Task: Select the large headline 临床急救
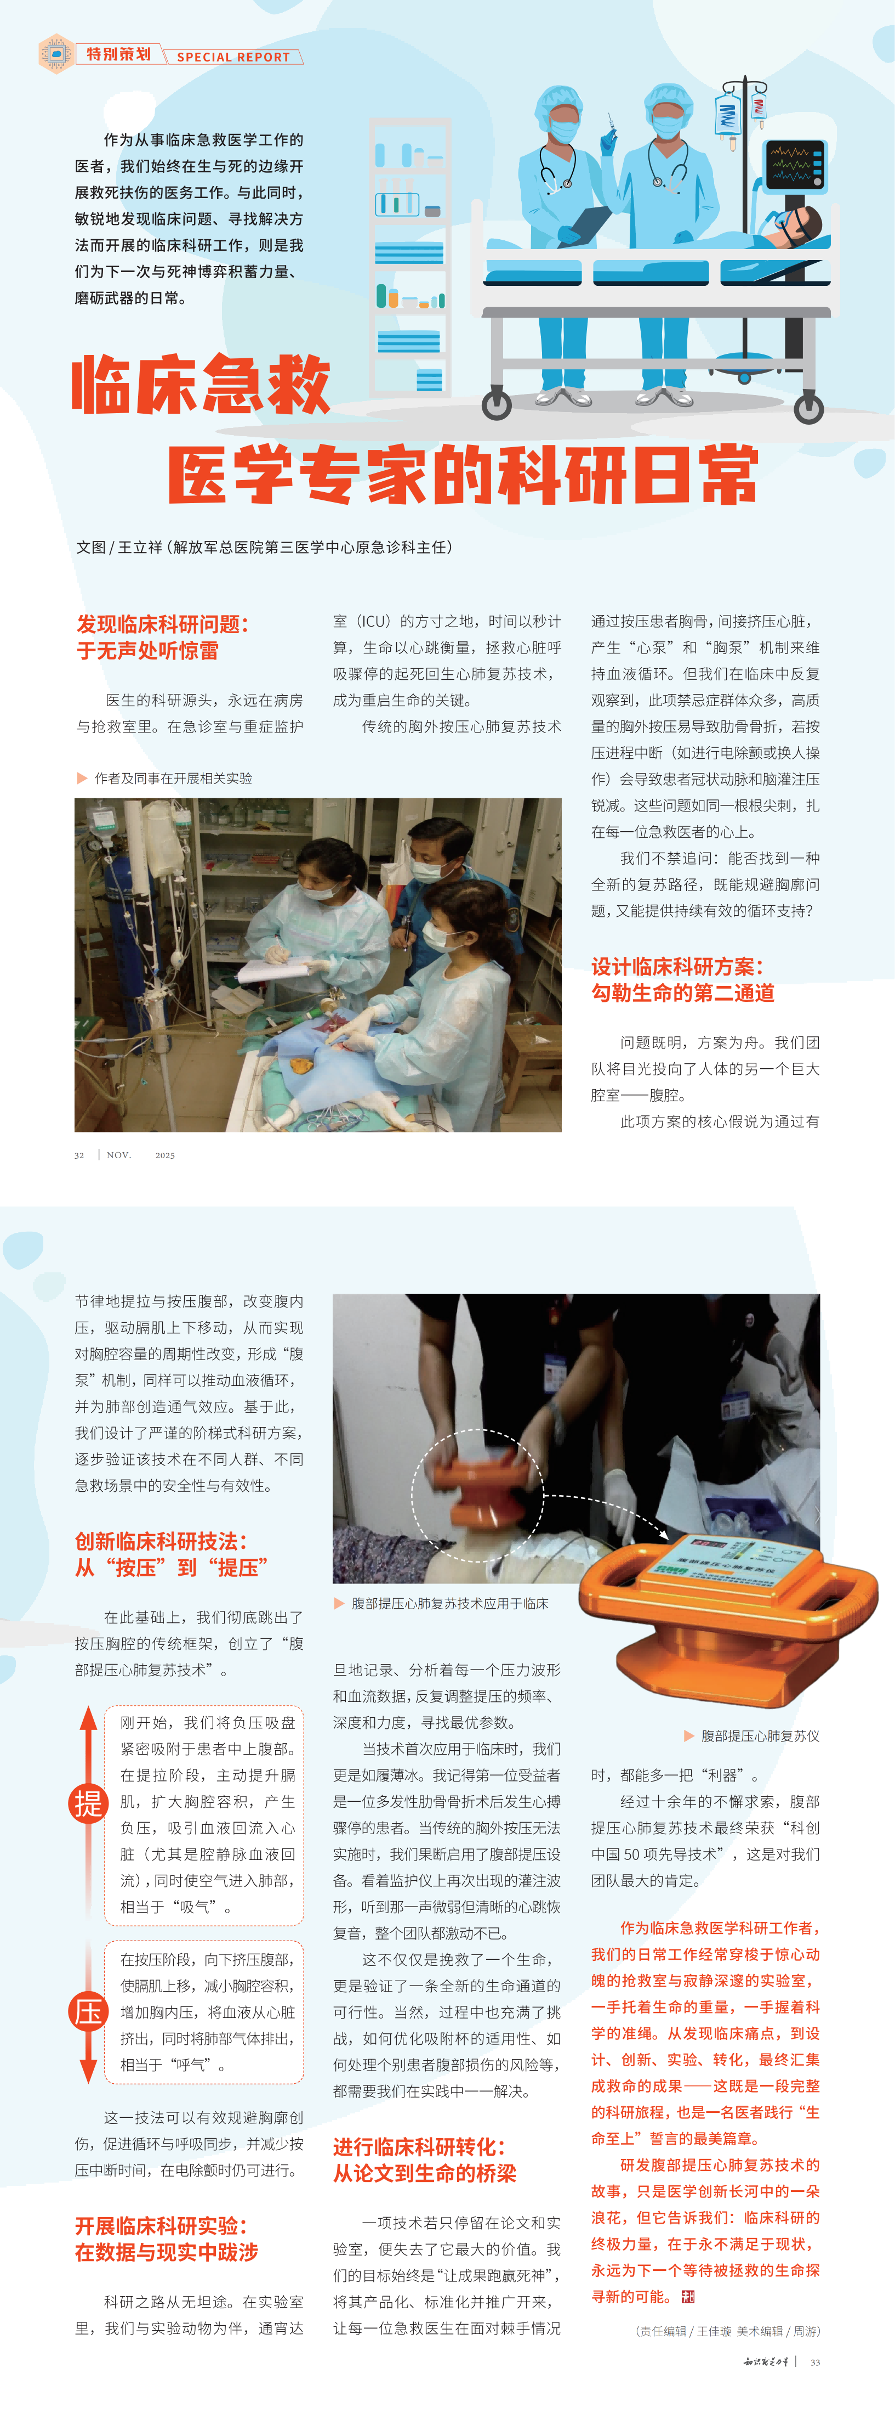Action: (x=201, y=384)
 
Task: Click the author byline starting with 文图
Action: (x=264, y=547)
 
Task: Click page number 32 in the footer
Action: (x=79, y=1155)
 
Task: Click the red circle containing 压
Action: (x=88, y=2011)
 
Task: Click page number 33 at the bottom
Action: (x=814, y=2363)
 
